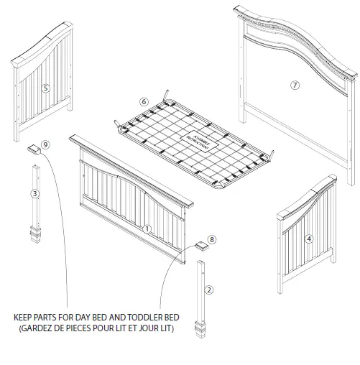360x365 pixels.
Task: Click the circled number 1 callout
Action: pos(147,229)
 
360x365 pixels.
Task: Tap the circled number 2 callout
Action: pos(208,290)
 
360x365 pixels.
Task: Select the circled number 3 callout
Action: pos(34,193)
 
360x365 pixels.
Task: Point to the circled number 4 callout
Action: pos(308,239)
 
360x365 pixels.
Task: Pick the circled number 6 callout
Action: pos(143,101)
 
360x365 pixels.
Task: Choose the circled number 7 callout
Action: pos(294,85)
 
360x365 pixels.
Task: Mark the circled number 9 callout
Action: pos(45,144)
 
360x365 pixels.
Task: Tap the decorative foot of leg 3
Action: pos(34,234)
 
